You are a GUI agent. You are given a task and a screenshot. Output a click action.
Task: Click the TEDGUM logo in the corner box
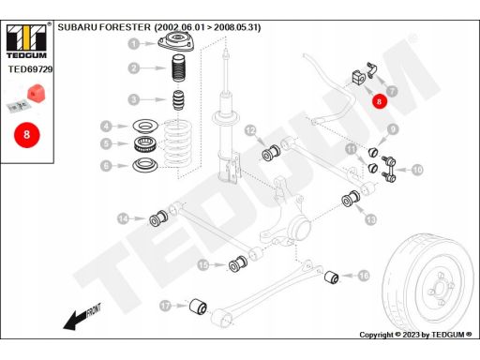point(26,40)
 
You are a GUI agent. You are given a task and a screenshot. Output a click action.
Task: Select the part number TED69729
point(30,69)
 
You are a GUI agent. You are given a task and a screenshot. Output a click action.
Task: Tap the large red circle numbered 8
point(26,135)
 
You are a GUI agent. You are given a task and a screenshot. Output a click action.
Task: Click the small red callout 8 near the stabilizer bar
point(379,101)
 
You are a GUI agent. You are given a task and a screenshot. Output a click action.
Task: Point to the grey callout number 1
point(134,43)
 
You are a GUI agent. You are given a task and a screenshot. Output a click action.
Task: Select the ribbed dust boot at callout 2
point(179,68)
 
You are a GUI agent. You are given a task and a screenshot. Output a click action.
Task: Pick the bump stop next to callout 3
point(178,100)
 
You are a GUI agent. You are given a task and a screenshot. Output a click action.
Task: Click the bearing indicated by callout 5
point(144,144)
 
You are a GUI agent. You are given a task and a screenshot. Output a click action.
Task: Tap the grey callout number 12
point(250,130)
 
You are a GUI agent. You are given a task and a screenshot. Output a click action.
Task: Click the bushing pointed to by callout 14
point(158,217)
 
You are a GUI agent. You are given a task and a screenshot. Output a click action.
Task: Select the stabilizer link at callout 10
point(388,169)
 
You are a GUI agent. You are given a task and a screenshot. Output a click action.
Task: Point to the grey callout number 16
point(364,276)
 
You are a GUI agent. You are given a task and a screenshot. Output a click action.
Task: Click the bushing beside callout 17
point(198,307)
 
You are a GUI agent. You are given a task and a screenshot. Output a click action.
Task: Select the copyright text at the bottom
point(415,335)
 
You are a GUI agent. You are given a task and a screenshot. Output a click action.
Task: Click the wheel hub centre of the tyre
point(440,288)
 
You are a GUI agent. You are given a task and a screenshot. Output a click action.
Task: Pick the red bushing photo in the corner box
point(37,93)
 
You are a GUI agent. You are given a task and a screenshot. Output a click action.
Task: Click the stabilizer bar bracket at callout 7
point(371,70)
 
